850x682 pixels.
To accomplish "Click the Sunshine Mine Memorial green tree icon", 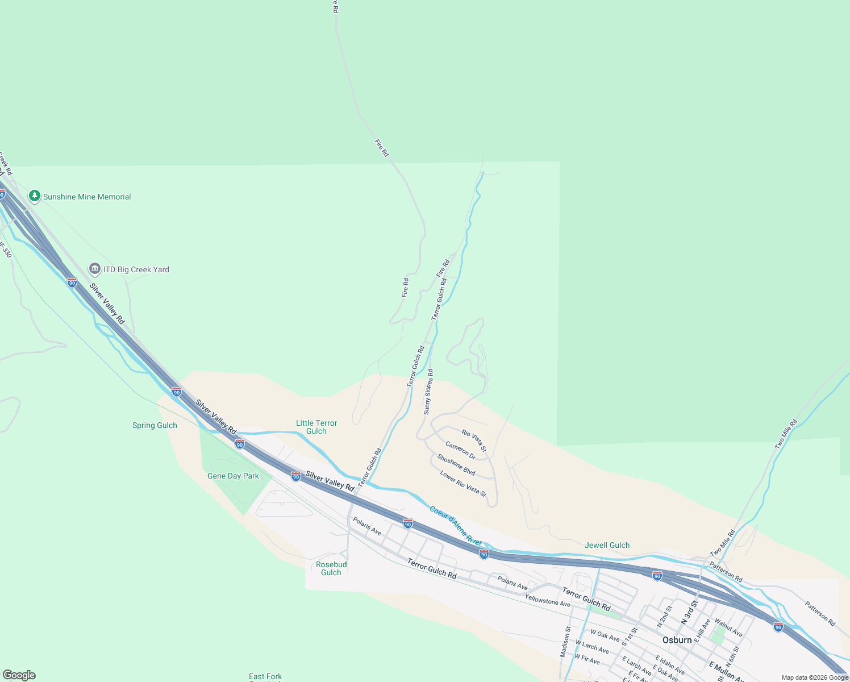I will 35,196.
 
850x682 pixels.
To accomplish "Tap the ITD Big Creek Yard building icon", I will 95,269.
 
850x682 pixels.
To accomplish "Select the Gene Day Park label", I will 233,476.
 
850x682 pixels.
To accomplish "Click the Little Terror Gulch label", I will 316,427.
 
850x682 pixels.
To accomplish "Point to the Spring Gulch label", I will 155,425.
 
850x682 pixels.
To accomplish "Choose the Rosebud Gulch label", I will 331,568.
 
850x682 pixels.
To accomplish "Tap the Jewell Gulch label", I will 607,545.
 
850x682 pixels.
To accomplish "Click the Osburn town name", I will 677,640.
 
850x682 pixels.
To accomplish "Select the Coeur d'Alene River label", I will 456,526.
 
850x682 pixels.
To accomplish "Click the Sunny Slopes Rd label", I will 428,392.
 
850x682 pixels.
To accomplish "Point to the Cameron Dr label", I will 460,450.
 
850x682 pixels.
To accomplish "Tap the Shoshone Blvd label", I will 456,464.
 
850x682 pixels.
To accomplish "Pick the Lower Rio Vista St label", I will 463,483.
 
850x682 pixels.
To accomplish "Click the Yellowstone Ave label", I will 547,600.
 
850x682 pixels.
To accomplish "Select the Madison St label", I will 565,642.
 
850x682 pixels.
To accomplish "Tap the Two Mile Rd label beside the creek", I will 786,434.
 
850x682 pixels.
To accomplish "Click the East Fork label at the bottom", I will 265,676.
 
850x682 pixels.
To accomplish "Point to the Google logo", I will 19,675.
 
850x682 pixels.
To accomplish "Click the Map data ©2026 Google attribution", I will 815,677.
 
